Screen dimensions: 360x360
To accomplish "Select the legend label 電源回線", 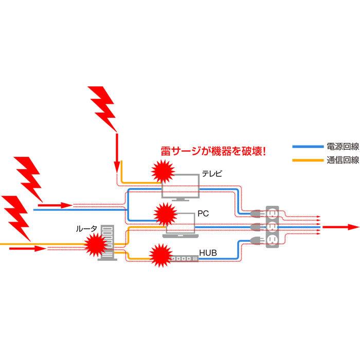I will (x=343, y=147).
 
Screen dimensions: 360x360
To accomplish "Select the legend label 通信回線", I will (x=343, y=160).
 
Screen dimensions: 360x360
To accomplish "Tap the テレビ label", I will (x=212, y=173).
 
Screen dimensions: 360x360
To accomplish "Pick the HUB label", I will (x=206, y=253).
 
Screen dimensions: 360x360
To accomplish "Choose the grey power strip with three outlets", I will (x=272, y=227).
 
